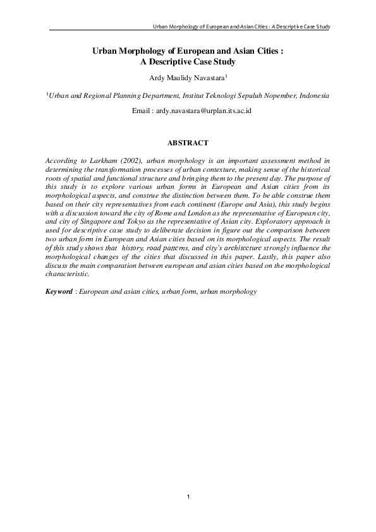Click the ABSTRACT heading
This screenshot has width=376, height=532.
tap(188, 143)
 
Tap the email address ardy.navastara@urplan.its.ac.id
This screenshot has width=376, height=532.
tap(198, 111)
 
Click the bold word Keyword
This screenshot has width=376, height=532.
tap(59, 293)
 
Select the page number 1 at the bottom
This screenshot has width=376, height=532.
tap(188, 497)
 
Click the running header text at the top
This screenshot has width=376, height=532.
tap(243, 27)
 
